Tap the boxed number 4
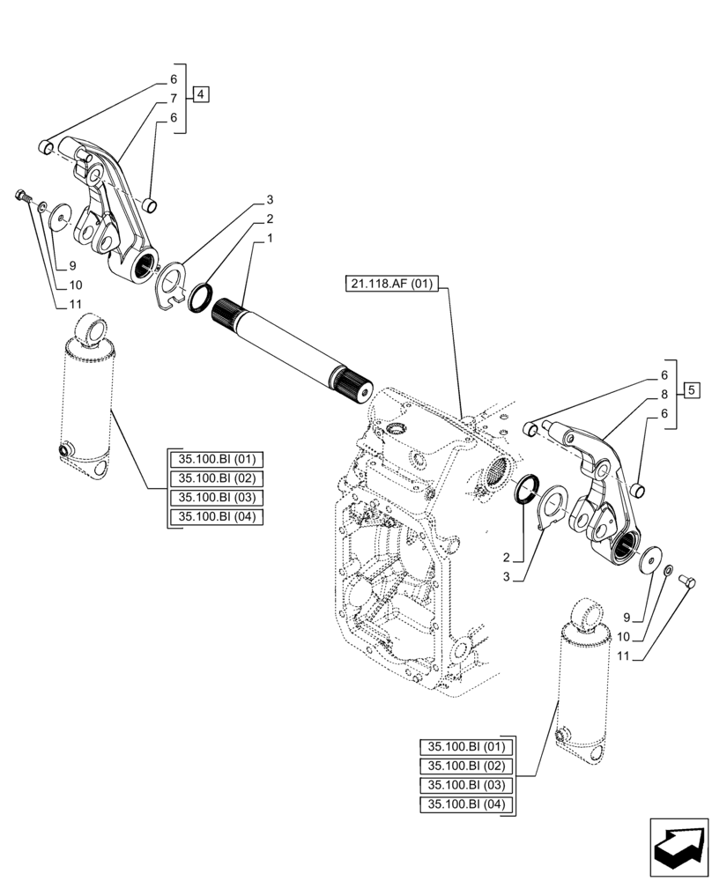click(201, 94)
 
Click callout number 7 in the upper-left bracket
click(174, 98)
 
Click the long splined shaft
click(291, 343)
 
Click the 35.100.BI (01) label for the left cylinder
click(215, 459)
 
